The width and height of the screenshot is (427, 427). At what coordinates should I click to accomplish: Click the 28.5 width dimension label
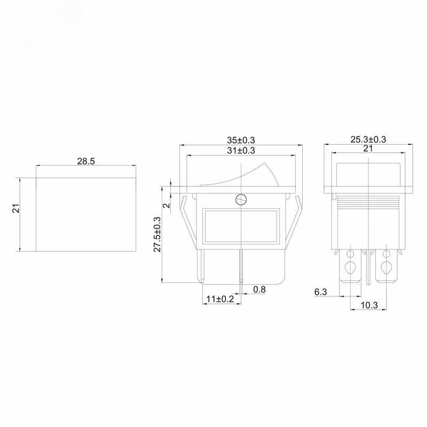click(86, 161)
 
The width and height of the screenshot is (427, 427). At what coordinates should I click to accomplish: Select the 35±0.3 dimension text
click(241, 140)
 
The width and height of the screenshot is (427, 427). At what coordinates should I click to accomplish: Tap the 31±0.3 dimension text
click(241, 151)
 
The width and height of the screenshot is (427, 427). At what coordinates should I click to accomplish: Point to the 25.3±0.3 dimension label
click(368, 139)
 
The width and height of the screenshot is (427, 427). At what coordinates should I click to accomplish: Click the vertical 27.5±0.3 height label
click(157, 234)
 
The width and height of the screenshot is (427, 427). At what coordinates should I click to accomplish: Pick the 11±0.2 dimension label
click(220, 299)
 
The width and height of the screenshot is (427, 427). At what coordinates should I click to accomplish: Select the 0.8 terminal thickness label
click(259, 289)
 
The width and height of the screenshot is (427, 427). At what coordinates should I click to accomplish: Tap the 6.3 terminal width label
click(321, 292)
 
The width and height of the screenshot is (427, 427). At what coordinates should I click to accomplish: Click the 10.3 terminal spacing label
click(369, 305)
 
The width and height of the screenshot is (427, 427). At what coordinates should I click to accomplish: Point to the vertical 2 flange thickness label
click(167, 205)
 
